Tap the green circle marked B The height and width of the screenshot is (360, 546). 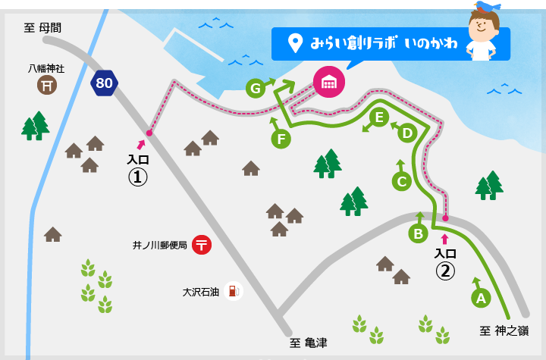click(417, 233)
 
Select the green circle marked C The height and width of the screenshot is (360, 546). click(402, 181)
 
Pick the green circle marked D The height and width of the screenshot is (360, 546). click(407, 133)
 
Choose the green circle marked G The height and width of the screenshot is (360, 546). click(256, 89)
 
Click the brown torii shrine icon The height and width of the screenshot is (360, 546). click(47, 86)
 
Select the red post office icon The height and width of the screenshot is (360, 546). click(202, 245)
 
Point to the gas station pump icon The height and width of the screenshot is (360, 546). click(234, 290)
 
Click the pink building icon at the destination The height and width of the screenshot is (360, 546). click(328, 81)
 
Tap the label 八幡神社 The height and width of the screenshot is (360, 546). click(46, 68)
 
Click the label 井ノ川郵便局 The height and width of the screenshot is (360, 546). click(159, 246)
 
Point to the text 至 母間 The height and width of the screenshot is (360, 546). click(42, 28)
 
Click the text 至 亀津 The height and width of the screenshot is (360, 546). click(309, 343)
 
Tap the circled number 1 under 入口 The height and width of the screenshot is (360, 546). click(136, 177)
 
